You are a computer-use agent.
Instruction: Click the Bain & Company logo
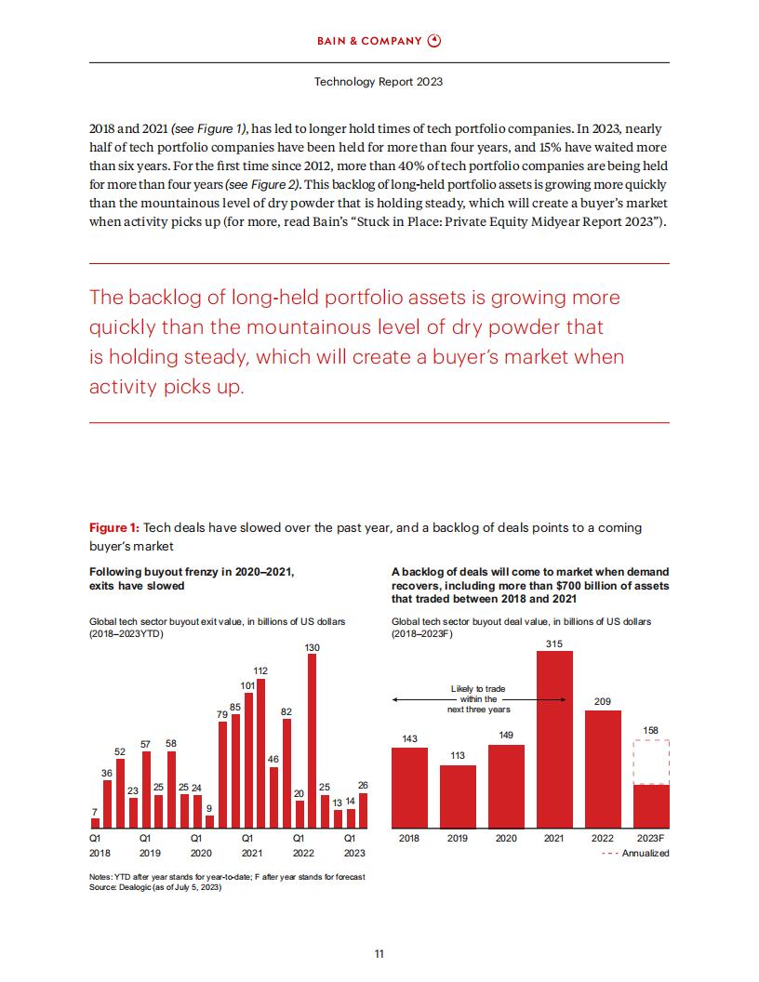point(379,41)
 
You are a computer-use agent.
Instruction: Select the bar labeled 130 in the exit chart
point(312,741)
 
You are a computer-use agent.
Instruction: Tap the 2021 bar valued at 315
point(554,739)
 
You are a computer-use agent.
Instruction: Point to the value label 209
point(603,701)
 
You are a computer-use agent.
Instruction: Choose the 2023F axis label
point(651,838)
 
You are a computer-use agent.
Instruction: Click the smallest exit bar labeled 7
point(95,824)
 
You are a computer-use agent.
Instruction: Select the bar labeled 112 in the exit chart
point(260,754)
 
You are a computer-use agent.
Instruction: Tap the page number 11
point(379,954)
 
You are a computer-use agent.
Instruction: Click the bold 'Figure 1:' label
point(114,528)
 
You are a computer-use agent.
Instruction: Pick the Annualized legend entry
point(635,853)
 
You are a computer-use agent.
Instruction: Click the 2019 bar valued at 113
point(458,797)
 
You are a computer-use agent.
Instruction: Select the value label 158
point(651,730)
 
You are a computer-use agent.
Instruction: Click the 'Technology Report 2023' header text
point(379,82)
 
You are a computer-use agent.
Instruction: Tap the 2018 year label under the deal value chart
point(409,838)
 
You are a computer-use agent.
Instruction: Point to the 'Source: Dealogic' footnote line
point(155,887)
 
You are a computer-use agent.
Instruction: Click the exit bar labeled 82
point(286,774)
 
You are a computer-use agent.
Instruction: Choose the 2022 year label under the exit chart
point(304,853)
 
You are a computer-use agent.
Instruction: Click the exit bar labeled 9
point(210,822)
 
